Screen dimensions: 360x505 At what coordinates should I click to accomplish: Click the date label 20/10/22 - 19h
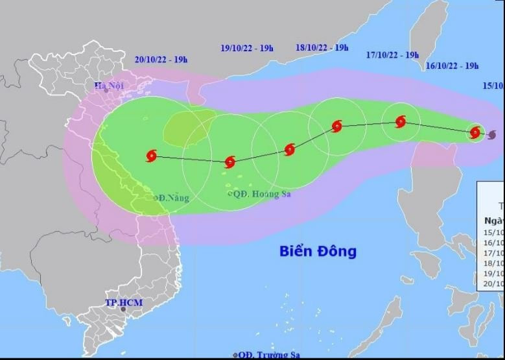click(x=161, y=60)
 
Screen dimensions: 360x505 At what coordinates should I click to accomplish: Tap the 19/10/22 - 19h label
click(x=247, y=48)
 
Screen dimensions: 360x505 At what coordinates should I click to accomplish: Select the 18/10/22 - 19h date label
click(x=322, y=47)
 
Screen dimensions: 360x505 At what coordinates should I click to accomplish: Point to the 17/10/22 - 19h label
click(x=392, y=55)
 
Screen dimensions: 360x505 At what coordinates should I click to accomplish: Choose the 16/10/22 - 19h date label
click(x=452, y=66)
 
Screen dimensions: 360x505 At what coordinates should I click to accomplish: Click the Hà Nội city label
click(x=108, y=85)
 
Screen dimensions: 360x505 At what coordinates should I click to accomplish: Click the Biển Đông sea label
click(x=318, y=251)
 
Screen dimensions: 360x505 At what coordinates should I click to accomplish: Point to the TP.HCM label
click(x=124, y=302)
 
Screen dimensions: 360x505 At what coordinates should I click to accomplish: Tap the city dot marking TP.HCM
click(x=123, y=309)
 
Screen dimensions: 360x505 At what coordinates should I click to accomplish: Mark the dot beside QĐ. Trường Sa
click(x=235, y=355)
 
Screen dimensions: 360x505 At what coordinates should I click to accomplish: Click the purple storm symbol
click(x=491, y=135)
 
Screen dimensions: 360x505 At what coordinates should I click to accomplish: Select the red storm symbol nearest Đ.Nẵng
click(x=152, y=156)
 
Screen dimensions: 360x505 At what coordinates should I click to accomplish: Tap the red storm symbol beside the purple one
click(x=475, y=132)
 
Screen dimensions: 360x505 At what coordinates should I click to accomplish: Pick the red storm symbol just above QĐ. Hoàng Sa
click(x=229, y=162)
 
